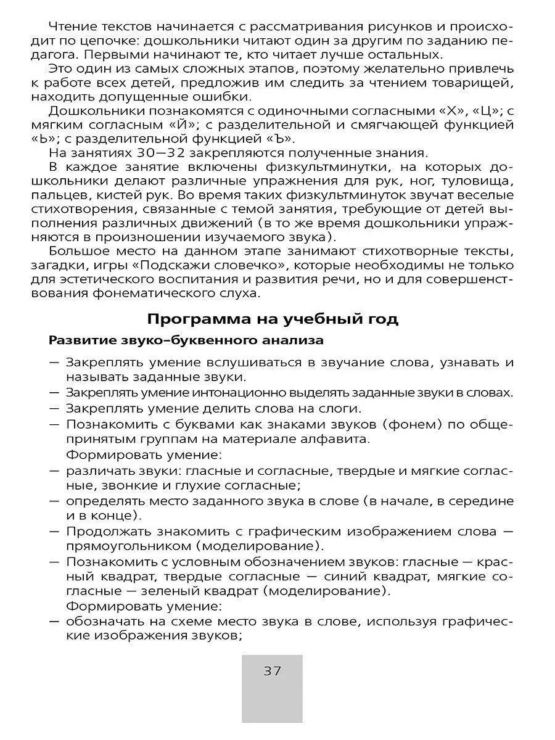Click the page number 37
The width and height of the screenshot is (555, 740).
coord(272,671)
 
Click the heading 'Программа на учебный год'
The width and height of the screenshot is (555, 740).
coord(273,319)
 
